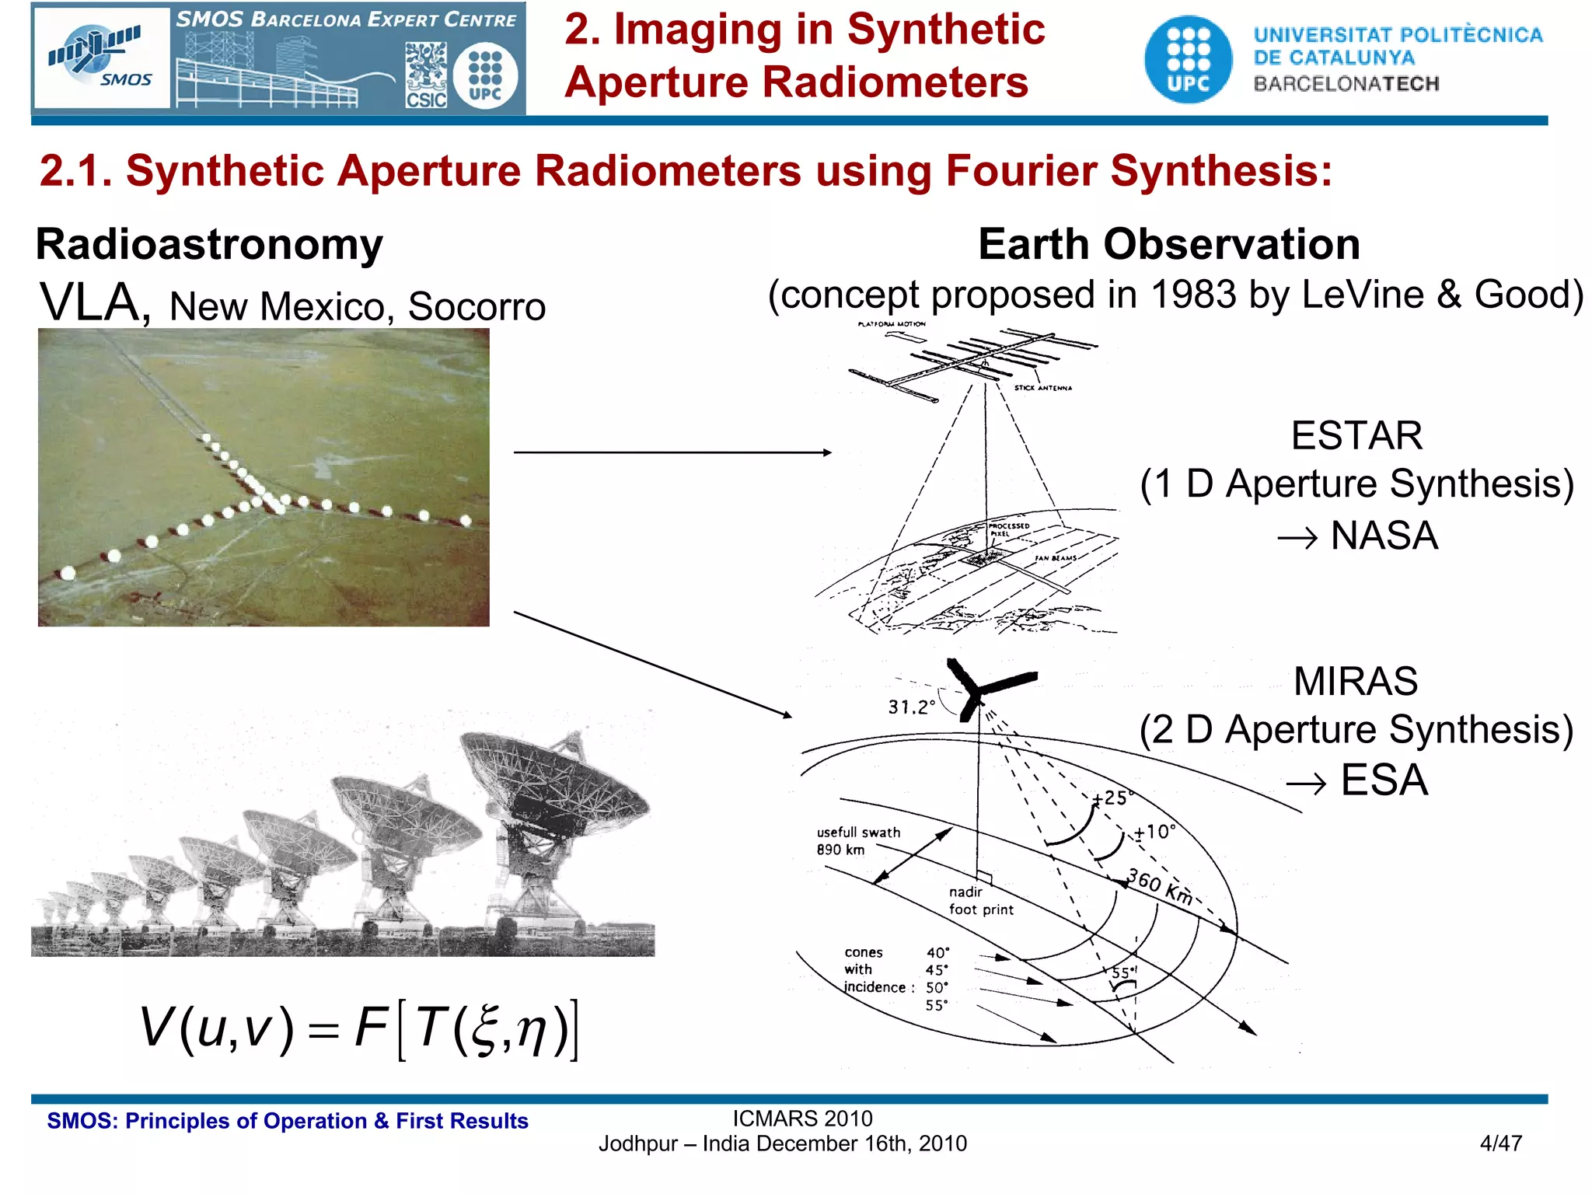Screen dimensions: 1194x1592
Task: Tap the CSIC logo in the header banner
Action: [426, 75]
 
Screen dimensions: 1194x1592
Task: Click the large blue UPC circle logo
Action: [1188, 60]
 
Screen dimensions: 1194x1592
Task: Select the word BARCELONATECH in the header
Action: [1346, 84]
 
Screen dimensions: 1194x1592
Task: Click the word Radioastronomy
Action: [209, 245]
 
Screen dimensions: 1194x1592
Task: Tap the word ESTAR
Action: [1356, 435]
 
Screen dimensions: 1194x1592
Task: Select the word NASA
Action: [1384, 536]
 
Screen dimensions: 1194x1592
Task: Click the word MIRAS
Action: [1355, 682]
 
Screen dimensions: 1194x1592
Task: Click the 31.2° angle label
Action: [911, 707]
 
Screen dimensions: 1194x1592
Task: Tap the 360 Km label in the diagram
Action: [1160, 887]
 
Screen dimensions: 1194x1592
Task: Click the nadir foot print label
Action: [980, 901]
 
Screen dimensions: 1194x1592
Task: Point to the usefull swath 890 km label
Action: [857, 840]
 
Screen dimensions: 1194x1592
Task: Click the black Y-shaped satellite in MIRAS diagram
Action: [983, 688]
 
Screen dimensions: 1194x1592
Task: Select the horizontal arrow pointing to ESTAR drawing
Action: [672, 452]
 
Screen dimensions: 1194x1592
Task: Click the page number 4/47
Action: [1500, 1143]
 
